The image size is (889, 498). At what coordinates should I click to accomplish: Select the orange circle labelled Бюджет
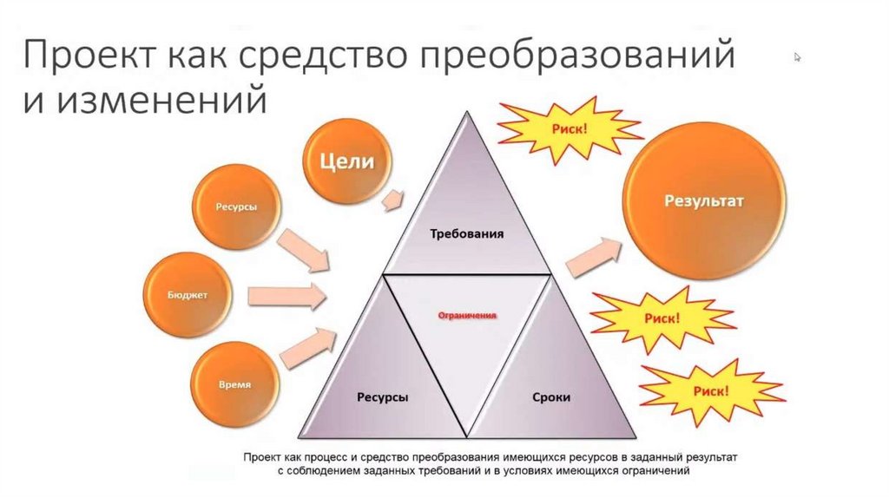coord(188,296)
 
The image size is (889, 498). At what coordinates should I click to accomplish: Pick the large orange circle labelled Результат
coord(705,201)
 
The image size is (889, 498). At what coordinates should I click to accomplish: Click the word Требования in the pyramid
coord(467,234)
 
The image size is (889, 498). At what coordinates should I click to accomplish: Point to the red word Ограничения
coord(467,317)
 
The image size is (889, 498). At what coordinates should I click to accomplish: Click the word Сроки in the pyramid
coord(550,397)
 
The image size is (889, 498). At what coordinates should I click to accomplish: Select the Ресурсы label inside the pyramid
coord(383,397)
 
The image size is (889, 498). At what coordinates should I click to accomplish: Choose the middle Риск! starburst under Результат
coord(662,318)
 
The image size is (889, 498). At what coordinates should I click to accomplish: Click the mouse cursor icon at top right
coord(797,57)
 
